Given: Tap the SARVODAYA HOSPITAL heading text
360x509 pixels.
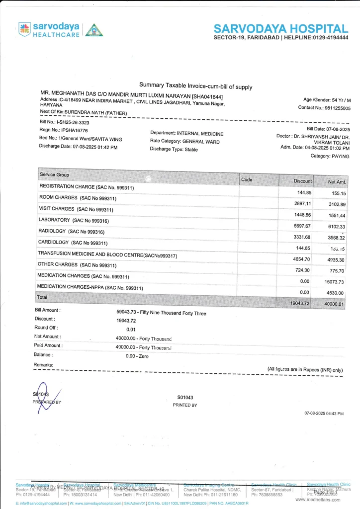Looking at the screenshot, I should [x=281, y=29].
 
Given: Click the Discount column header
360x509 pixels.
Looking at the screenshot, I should [x=302, y=181].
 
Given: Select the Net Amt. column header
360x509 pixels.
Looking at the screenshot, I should [x=333, y=182].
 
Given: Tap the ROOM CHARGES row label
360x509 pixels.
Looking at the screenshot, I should [x=77, y=198].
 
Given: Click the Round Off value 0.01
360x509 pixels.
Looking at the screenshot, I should [x=131, y=329].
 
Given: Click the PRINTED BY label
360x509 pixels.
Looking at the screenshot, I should [x=185, y=405].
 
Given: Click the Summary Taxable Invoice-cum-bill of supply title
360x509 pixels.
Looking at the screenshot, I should [x=195, y=86].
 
